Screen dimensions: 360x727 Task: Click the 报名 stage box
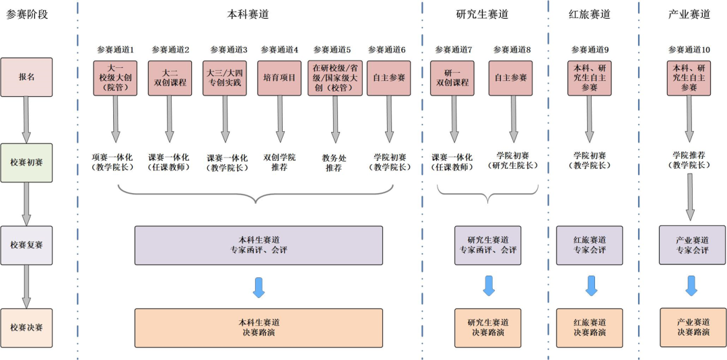26,77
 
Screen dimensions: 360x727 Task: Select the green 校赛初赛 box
26,162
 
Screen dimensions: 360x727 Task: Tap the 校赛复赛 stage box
26,245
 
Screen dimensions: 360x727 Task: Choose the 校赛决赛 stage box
26,328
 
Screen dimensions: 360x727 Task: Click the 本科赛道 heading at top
248,14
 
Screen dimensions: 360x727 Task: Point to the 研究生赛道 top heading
482,14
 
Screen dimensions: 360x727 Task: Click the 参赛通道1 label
115,50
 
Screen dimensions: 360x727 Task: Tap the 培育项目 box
279,77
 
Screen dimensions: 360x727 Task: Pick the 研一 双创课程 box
452,77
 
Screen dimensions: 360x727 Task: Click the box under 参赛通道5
335,77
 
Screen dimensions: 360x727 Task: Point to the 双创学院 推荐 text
279,162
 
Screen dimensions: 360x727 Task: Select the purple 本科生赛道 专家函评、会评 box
258,245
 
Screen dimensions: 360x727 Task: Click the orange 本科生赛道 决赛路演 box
258,328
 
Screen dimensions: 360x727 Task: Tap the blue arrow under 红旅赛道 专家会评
590,285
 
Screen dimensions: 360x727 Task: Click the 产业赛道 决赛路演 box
693,328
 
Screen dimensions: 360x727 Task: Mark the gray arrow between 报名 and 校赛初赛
26,119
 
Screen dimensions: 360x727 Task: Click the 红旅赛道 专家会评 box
590,245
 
